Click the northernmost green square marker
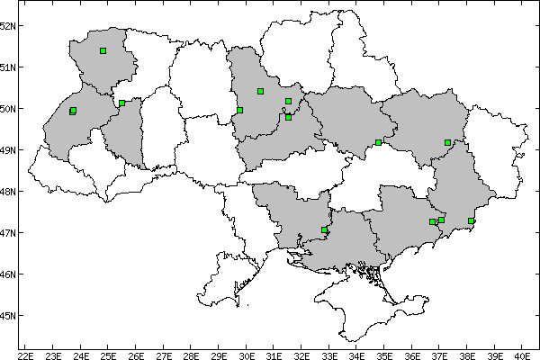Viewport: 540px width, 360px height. pyautogui.click(x=103, y=50)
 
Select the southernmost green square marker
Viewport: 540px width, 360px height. pyautogui.click(x=325, y=230)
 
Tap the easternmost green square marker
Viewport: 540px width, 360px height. pyautogui.click(x=471, y=220)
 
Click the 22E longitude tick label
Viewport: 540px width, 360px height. pyautogui.click(x=25, y=354)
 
